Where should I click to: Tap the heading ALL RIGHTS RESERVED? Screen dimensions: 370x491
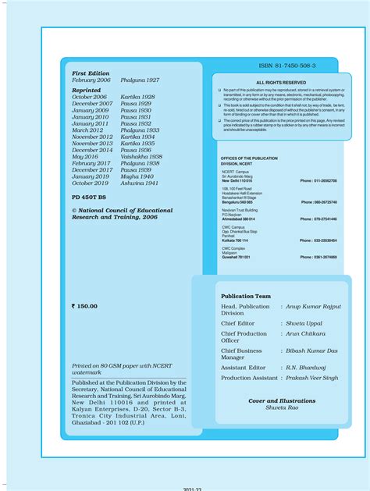(281, 82)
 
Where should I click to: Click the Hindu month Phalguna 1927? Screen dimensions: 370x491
(140, 80)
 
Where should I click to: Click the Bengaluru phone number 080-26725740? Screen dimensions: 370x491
(318, 201)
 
